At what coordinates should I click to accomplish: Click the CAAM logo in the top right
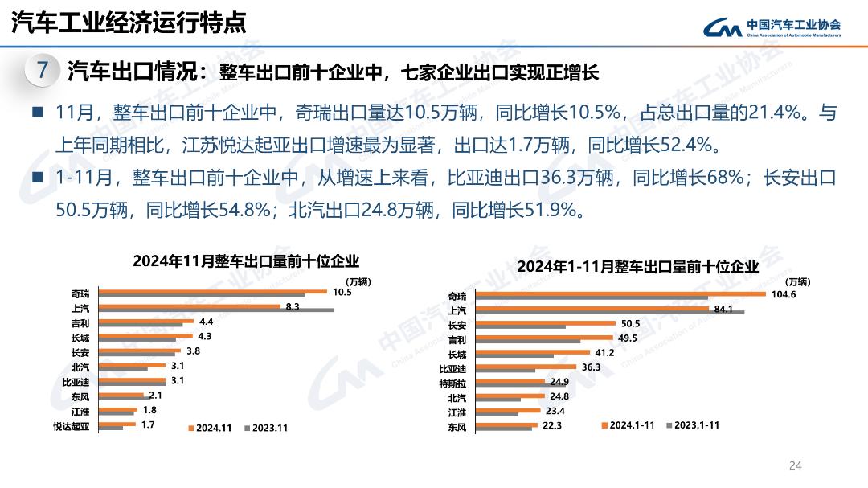772,27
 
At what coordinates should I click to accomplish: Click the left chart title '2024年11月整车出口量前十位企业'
246,261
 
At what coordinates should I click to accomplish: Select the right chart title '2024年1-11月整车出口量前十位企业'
637,266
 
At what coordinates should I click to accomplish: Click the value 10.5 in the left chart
342,292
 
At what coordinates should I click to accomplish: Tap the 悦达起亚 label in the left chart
72,425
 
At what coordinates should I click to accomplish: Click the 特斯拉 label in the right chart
452,383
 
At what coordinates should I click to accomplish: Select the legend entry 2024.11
210,428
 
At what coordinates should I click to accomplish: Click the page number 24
796,465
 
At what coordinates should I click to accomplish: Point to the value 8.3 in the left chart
293,306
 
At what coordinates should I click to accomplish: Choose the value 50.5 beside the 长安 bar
630,323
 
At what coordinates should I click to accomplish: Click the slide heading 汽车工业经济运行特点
129,23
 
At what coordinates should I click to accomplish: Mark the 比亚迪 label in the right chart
452,368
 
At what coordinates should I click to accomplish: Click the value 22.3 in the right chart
552,424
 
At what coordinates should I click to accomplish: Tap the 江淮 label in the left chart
80,411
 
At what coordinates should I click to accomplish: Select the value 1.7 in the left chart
148,424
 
